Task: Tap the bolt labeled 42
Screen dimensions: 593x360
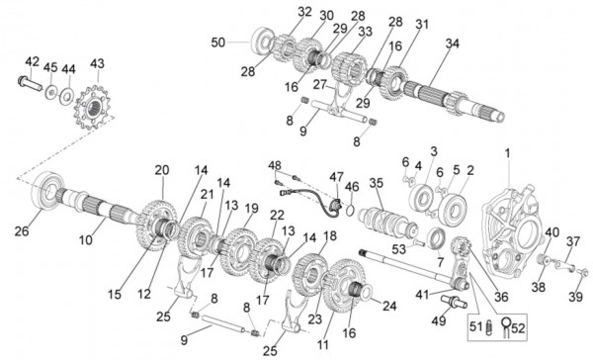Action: click(x=30, y=83)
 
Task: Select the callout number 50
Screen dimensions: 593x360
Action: click(x=218, y=43)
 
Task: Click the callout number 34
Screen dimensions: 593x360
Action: click(x=453, y=44)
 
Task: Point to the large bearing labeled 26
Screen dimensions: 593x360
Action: click(x=46, y=190)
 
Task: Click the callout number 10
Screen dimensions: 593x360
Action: click(x=86, y=239)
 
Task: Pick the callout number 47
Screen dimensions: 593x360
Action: click(x=336, y=177)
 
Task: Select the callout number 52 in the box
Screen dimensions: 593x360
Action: click(x=518, y=327)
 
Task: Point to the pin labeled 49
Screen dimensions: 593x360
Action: click(x=454, y=302)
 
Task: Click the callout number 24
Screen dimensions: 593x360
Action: click(x=389, y=306)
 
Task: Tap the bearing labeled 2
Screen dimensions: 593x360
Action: click(x=453, y=206)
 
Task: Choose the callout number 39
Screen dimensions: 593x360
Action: click(x=575, y=297)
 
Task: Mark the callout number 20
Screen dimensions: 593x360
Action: click(x=162, y=170)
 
